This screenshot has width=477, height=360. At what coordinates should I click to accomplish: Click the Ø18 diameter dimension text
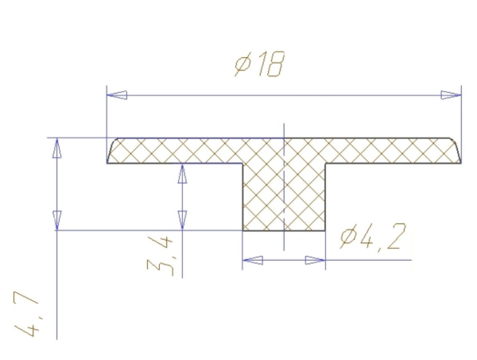pyautogui.click(x=260, y=64)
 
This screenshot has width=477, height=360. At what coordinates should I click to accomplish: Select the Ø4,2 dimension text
pyautogui.click(x=373, y=238)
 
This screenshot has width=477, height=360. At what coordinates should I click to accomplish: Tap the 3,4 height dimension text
pyautogui.click(x=161, y=256)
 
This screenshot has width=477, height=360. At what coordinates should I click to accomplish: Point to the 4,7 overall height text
pyautogui.click(x=26, y=315)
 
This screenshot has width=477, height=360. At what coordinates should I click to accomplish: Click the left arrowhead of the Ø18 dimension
pyautogui.click(x=117, y=95)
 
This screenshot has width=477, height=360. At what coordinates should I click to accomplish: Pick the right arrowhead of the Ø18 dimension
pyautogui.click(x=451, y=95)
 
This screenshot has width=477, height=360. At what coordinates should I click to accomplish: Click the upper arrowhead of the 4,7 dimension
pyautogui.click(x=57, y=148)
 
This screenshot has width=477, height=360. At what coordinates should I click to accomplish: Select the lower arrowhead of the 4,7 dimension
pyautogui.click(x=57, y=220)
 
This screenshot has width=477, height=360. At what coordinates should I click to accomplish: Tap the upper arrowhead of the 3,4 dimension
pyautogui.click(x=182, y=173)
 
